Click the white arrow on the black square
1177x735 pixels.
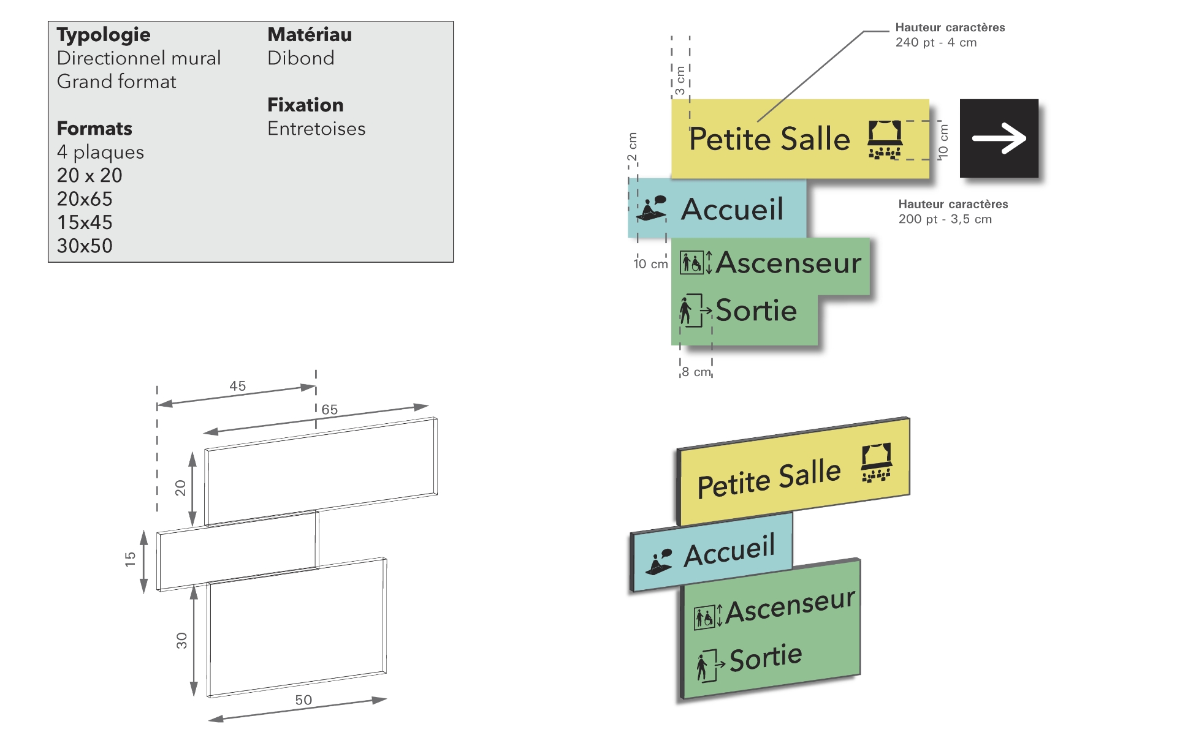pos(999,138)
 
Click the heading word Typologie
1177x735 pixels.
pos(104,35)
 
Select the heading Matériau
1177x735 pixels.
pos(310,35)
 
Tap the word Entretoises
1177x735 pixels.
pos(316,129)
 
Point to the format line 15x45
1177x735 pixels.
pos(85,222)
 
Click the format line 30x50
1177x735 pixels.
pos(85,246)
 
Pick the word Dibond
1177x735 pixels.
pos(301,58)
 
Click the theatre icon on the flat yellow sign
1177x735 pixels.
pos(885,140)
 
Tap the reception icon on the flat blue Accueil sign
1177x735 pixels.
pos(652,208)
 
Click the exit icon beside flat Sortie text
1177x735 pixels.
pos(694,311)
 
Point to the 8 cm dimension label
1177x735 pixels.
pos(696,372)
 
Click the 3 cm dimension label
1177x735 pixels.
pos(680,81)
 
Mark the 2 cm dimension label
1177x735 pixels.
pos(633,147)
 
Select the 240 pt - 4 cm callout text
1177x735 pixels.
pos(936,42)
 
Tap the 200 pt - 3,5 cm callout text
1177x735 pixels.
pos(945,219)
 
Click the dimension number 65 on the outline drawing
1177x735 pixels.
pos(330,409)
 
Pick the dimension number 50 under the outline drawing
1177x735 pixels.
pos(303,699)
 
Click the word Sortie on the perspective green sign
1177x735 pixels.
pos(766,658)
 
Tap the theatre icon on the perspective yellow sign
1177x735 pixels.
pos(877,463)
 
